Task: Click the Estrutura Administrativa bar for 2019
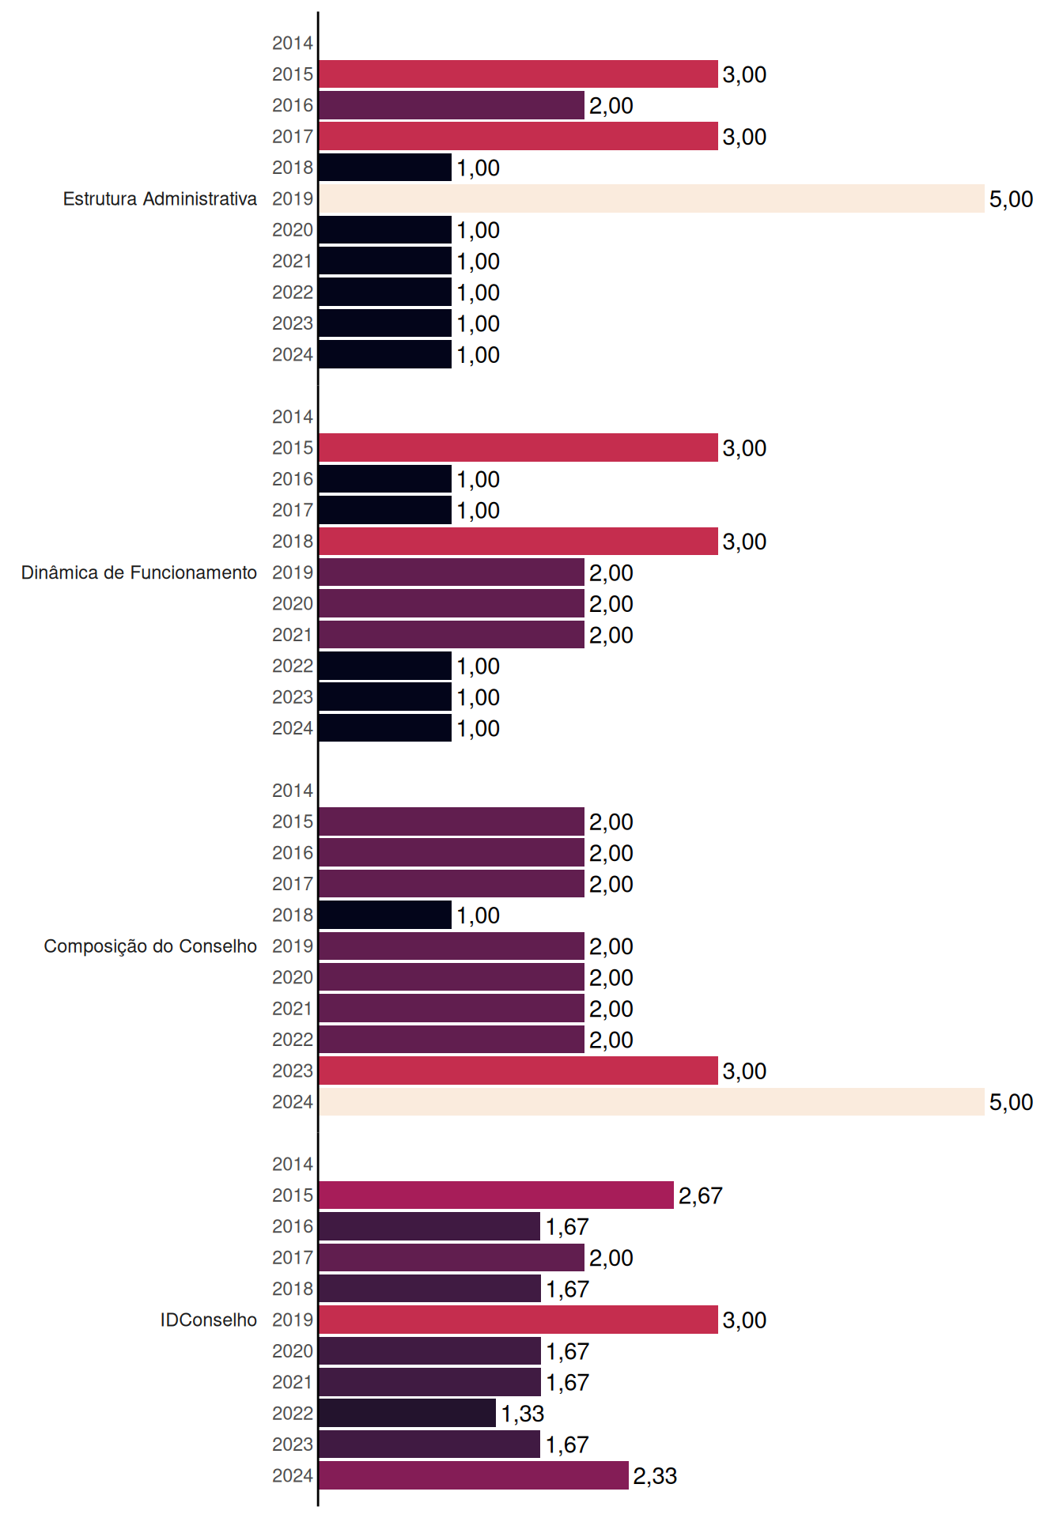click(x=652, y=198)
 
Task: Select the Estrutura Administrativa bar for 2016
click(x=452, y=105)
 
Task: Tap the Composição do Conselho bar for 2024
click(x=652, y=1101)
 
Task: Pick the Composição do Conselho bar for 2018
click(x=385, y=915)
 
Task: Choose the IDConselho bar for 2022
click(x=407, y=1413)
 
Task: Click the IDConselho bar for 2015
click(x=497, y=1195)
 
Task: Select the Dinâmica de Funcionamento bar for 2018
click(x=519, y=541)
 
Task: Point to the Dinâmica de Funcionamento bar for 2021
click(x=452, y=634)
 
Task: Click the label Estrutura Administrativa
click(x=160, y=198)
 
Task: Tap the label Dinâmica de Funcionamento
click(x=139, y=572)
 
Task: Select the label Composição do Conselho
click(x=150, y=946)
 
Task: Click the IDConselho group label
click(x=209, y=1320)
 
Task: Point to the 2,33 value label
click(x=655, y=1476)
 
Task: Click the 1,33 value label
click(x=522, y=1414)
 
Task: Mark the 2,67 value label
click(x=700, y=1195)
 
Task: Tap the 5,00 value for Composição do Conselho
click(x=1011, y=1102)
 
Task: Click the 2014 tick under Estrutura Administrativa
click(x=293, y=43)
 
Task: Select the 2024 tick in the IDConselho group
click(x=293, y=1475)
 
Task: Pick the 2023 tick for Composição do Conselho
click(x=293, y=1071)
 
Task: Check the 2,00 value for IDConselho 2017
click(x=611, y=1258)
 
